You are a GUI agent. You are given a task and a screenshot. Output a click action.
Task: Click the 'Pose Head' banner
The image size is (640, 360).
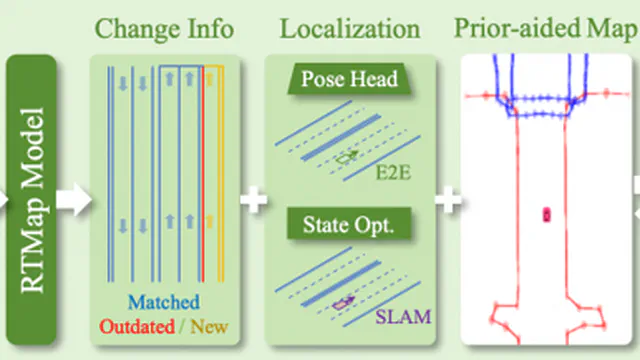[x=348, y=80]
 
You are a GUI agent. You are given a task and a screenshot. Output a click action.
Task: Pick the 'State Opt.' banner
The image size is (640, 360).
[x=348, y=224]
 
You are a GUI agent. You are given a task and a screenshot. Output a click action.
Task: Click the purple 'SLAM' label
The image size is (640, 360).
[x=404, y=318]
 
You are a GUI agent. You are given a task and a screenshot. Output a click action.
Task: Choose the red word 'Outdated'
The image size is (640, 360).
[x=133, y=326]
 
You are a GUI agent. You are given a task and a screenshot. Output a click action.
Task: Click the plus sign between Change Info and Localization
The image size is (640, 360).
[x=254, y=199]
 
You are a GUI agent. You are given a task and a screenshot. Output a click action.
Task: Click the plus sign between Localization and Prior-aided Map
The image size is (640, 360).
[x=448, y=199]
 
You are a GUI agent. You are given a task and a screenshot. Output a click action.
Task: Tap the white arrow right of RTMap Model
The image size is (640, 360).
[x=73, y=199]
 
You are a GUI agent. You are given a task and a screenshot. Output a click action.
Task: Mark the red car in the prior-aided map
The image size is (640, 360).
[x=547, y=213]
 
